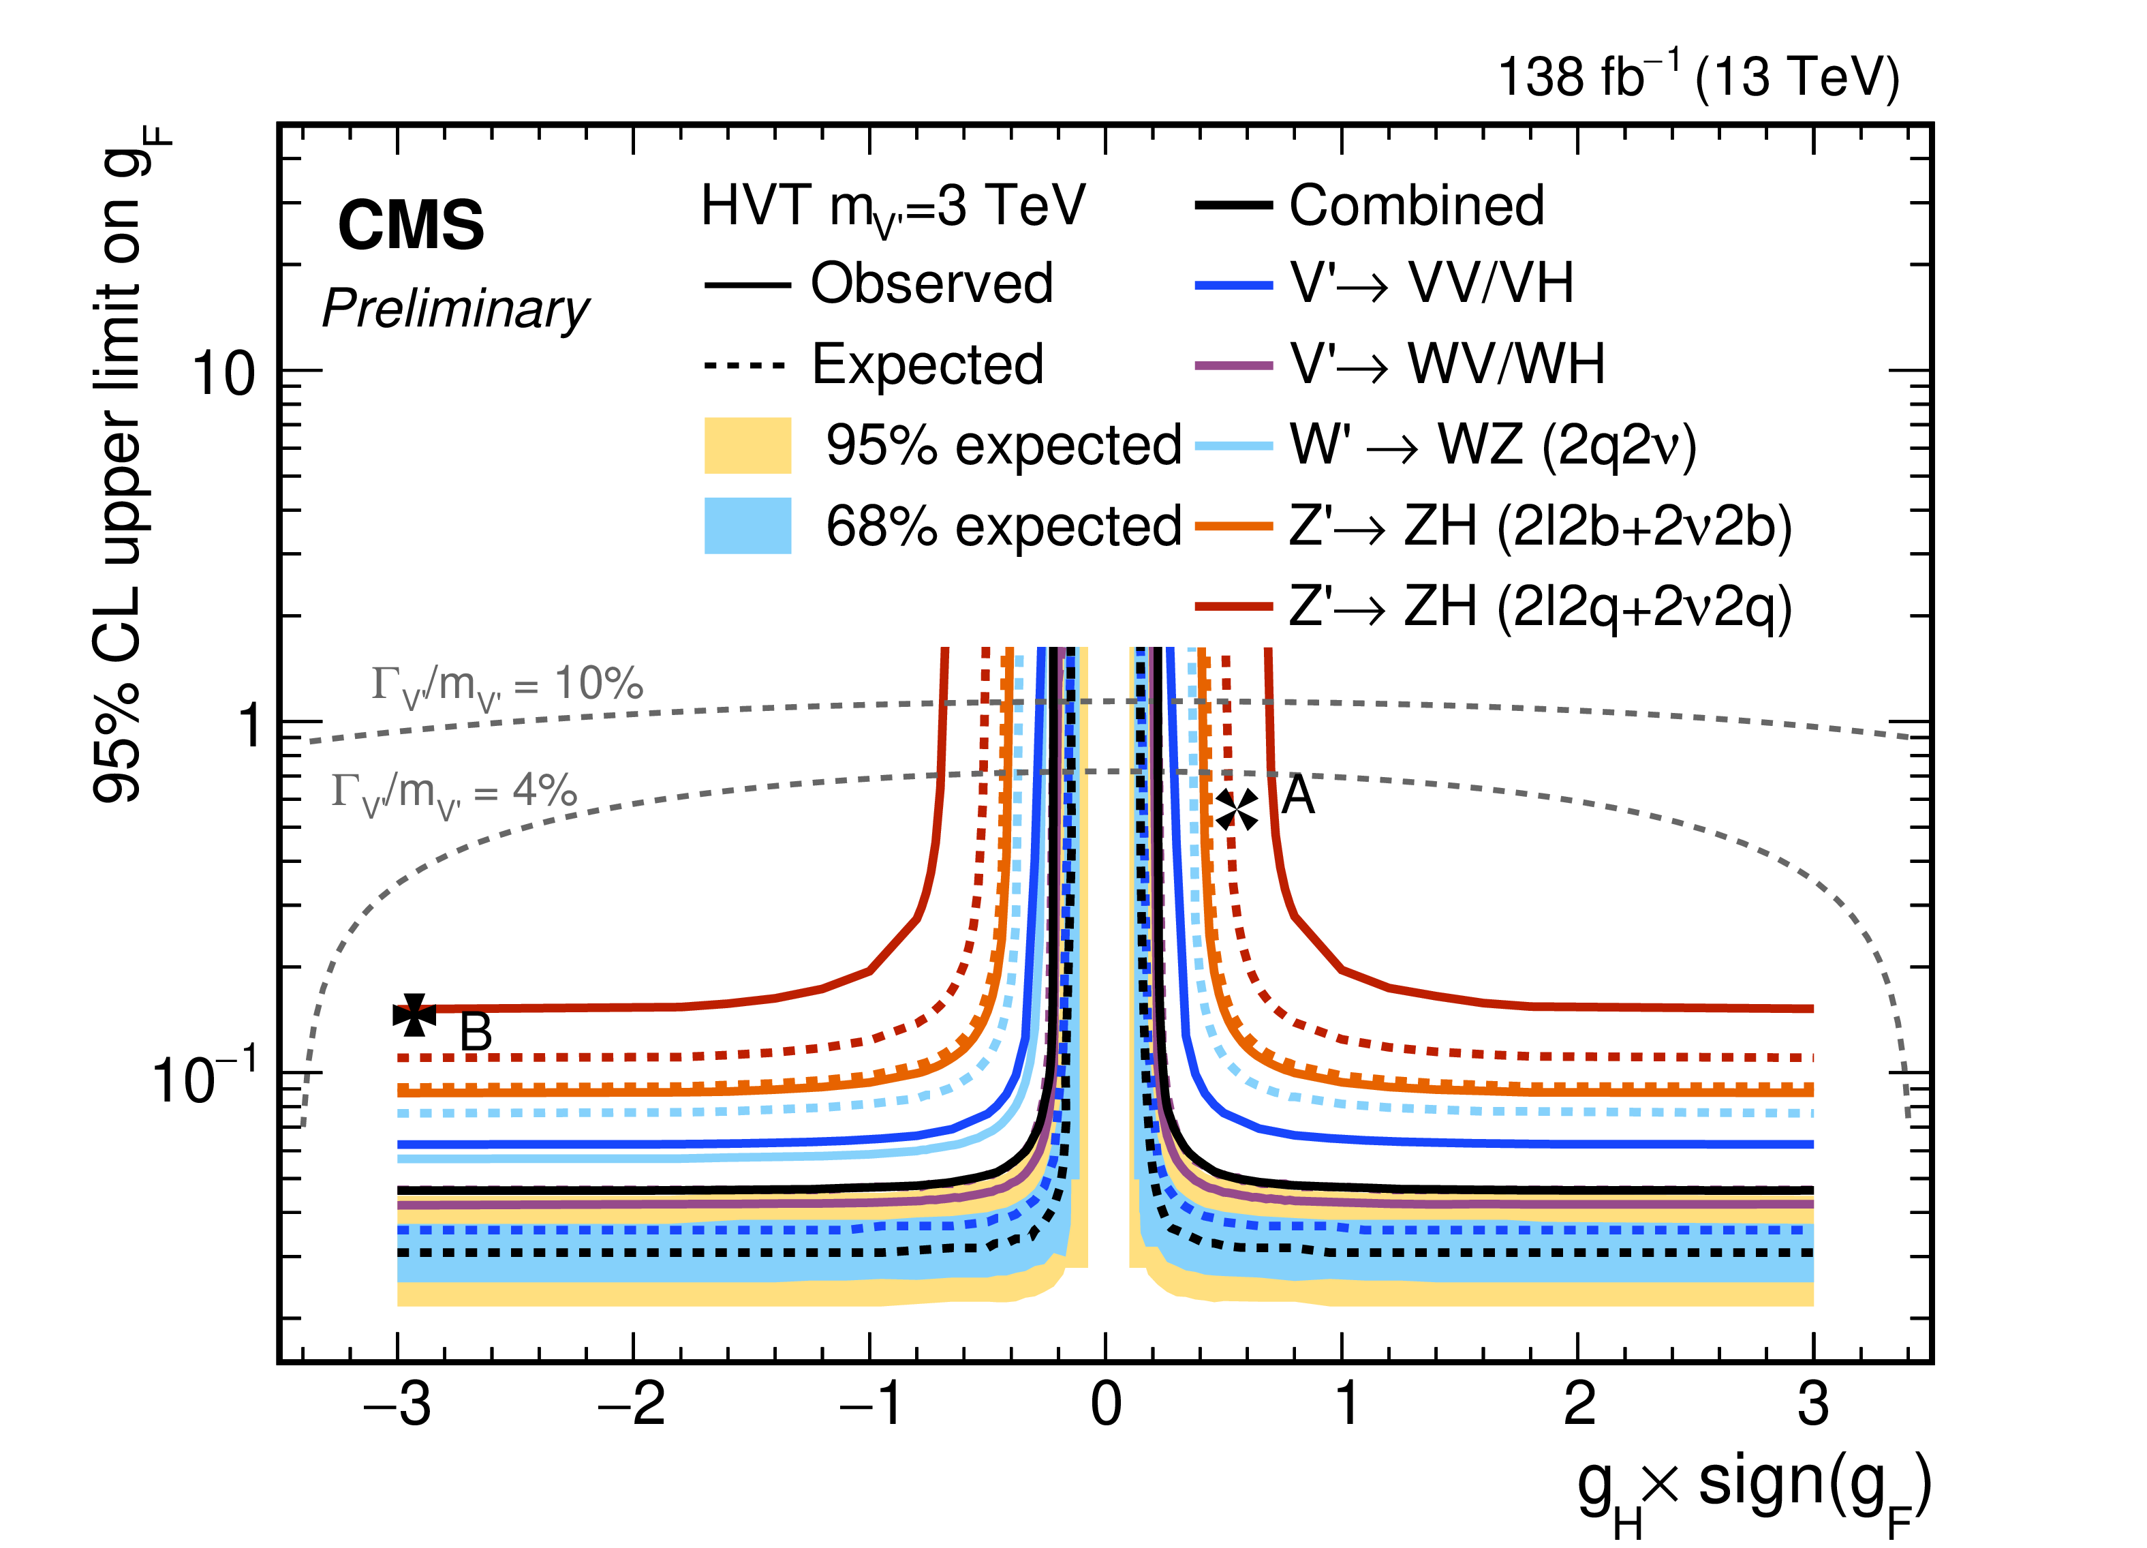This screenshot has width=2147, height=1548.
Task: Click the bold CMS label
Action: point(411,226)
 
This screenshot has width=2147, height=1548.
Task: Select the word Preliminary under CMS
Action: point(455,309)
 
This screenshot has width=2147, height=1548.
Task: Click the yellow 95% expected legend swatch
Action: point(747,445)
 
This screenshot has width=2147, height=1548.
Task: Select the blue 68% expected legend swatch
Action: point(747,526)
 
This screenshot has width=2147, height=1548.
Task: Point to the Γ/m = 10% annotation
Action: point(506,686)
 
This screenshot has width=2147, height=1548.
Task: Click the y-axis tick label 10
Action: point(223,373)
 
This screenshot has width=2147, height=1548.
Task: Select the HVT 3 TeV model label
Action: point(893,207)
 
